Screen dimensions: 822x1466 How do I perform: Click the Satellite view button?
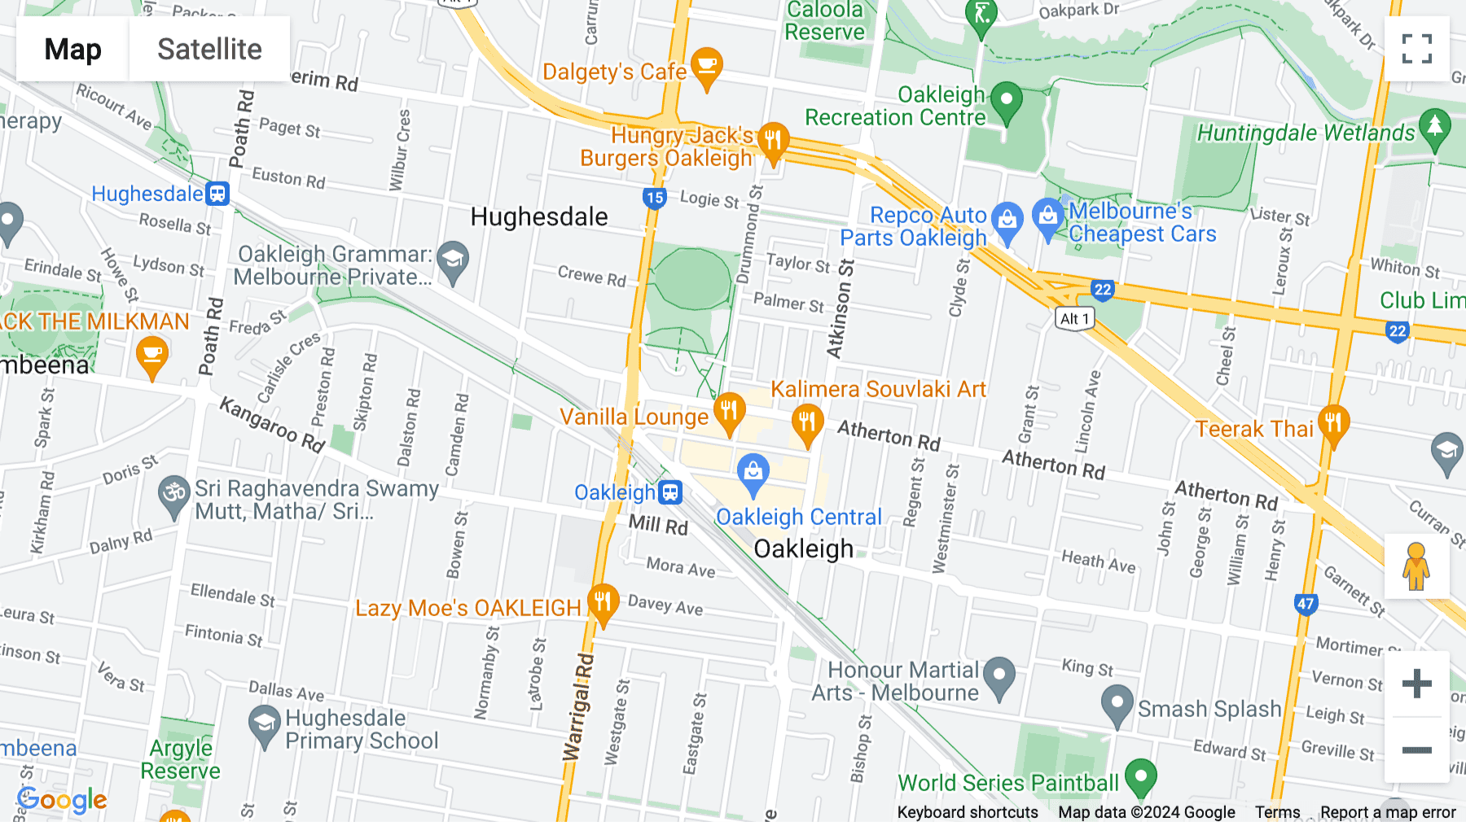[x=209, y=49]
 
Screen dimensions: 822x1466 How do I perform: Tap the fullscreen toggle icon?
[x=1416, y=49]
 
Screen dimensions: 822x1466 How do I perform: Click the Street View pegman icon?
[x=1416, y=566]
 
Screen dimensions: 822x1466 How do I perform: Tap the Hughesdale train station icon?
[x=217, y=194]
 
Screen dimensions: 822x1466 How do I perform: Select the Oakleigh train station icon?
[x=670, y=492]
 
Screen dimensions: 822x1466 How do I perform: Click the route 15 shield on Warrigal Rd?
[x=654, y=198]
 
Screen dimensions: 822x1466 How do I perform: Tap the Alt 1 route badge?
[x=1074, y=319]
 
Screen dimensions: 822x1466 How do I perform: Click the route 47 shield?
[x=1306, y=604]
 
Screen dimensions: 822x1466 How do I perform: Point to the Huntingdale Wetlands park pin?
[x=1434, y=129]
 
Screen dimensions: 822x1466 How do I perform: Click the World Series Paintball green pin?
[x=1140, y=776]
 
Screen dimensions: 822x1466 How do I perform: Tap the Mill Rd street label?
[x=658, y=525]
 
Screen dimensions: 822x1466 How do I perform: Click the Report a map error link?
[x=1388, y=812]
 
